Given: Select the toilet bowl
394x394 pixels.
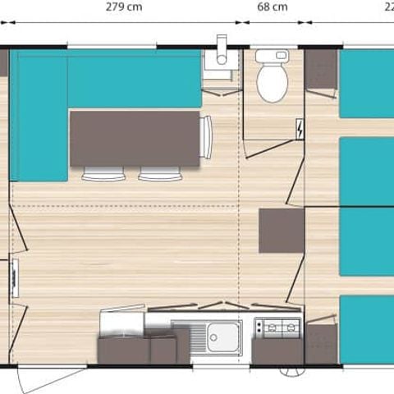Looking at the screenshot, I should (269, 83).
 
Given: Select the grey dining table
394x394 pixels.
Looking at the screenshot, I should (135, 139).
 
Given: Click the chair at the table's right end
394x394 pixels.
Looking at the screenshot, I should (206, 137).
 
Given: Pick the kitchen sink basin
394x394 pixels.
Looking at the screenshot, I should (222, 337).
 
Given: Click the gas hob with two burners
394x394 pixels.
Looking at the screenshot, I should (277, 328).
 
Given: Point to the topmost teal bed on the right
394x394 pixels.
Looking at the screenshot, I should (367, 83).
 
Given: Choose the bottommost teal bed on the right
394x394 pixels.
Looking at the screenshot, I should (367, 328).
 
